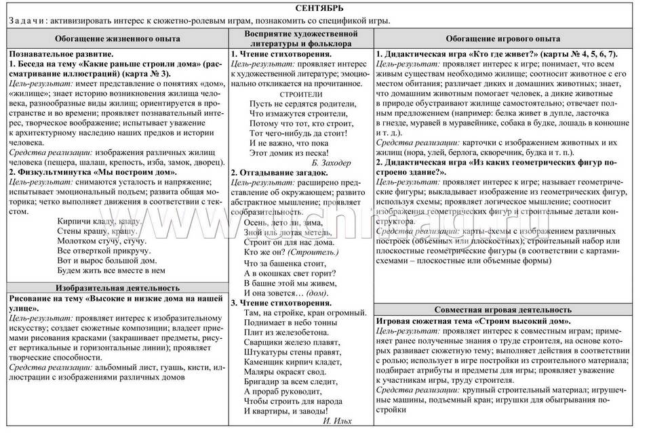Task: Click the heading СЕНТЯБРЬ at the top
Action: pos(324,8)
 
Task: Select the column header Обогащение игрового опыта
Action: pos(507,39)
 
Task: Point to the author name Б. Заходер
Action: pos(328,163)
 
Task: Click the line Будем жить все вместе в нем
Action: pos(111,270)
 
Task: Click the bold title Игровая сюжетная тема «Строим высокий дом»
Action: pos(473,320)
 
